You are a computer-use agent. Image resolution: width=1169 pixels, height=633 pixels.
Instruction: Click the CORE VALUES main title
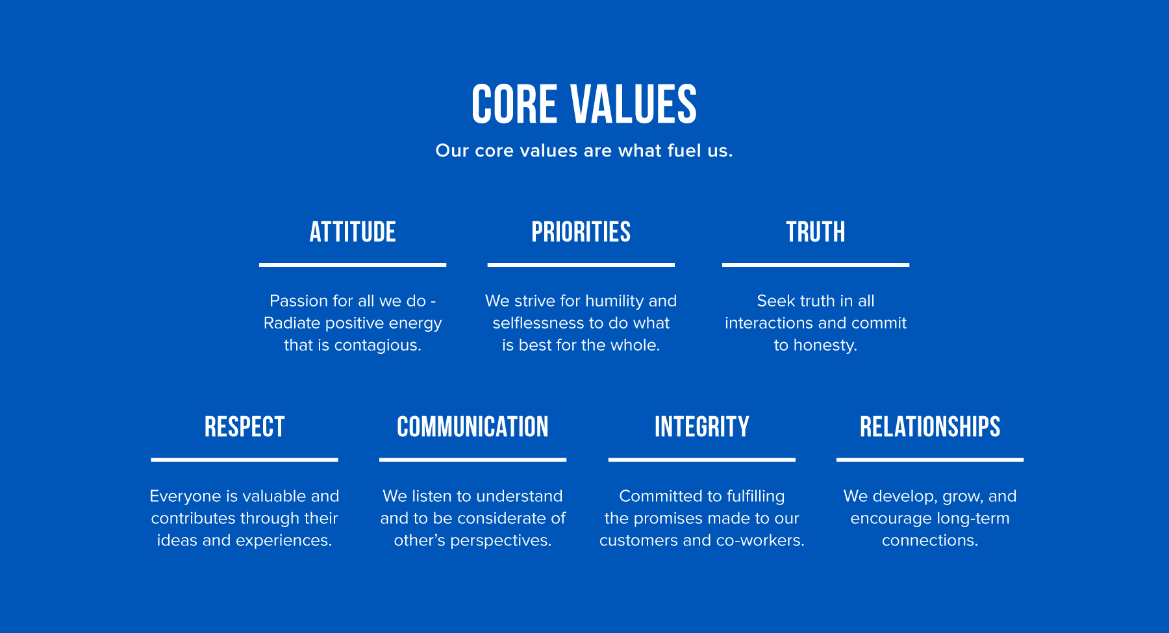[584, 104]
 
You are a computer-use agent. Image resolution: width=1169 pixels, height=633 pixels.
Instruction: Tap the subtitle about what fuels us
[584, 151]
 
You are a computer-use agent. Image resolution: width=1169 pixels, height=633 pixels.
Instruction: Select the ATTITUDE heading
[353, 232]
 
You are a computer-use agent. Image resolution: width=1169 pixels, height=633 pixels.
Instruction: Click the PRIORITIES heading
[581, 232]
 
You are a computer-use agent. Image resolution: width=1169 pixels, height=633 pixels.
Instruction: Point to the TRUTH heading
[816, 232]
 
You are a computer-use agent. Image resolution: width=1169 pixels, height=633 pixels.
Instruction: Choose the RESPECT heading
[245, 427]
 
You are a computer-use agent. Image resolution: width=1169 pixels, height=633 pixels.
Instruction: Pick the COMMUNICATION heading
[473, 427]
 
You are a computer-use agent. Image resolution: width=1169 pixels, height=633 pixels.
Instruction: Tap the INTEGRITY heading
[702, 427]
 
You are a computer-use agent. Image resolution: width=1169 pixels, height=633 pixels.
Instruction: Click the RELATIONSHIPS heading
[930, 427]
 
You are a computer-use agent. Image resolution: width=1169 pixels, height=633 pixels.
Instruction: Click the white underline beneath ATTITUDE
[353, 265]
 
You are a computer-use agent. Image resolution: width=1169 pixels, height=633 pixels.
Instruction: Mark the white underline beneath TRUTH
[816, 265]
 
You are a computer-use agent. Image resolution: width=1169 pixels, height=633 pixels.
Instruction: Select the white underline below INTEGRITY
[702, 460]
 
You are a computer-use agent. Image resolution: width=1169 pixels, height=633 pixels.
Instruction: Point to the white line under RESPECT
[245, 460]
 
